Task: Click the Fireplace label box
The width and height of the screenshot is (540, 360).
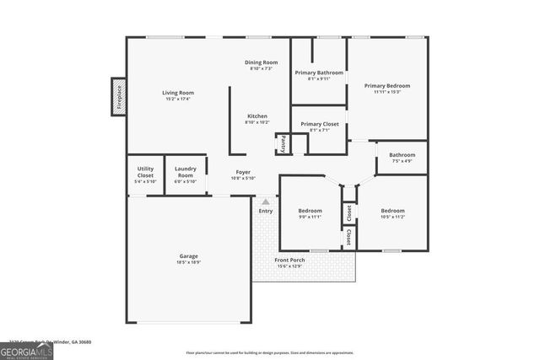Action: pyautogui.click(x=118, y=96)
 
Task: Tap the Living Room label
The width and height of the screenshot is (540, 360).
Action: pyautogui.click(x=178, y=93)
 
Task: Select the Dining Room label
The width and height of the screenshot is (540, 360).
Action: pyautogui.click(x=261, y=62)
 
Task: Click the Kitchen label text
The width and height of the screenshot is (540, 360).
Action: pyautogui.click(x=257, y=116)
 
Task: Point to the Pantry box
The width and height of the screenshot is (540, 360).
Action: pyautogui.click(x=283, y=144)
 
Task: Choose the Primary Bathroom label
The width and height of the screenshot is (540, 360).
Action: pyautogui.click(x=319, y=73)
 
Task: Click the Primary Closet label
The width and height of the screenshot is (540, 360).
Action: pyautogui.click(x=319, y=124)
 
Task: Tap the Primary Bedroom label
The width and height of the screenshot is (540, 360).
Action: pyautogui.click(x=387, y=86)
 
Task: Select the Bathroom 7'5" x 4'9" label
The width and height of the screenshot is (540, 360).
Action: pyautogui.click(x=402, y=155)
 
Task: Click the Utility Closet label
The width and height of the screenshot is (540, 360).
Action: pyautogui.click(x=145, y=173)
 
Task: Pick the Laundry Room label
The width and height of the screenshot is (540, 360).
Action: pyautogui.click(x=185, y=173)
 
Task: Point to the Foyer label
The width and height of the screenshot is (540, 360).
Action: pyautogui.click(x=243, y=172)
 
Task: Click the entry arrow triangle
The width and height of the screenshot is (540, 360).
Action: pyautogui.click(x=266, y=202)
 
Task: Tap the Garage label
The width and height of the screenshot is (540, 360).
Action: pyautogui.click(x=189, y=255)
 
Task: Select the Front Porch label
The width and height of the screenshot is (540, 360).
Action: pyautogui.click(x=290, y=260)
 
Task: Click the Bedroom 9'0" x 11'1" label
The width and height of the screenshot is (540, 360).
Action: pyautogui.click(x=310, y=211)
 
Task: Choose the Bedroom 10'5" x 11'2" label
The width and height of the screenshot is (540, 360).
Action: pyautogui.click(x=392, y=211)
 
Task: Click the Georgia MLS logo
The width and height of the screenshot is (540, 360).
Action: pyautogui.click(x=26, y=348)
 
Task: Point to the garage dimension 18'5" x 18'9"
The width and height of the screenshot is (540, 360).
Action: pyautogui.click(x=189, y=262)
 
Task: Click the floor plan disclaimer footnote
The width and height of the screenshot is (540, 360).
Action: pyautogui.click(x=269, y=353)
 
